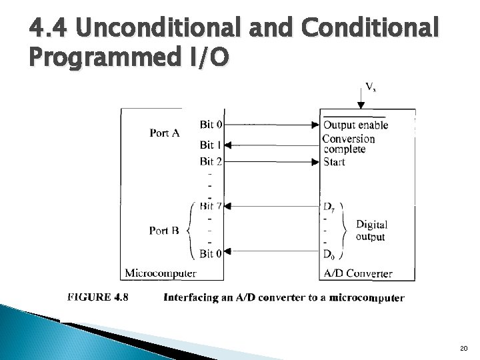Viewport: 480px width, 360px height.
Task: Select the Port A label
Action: click(164, 133)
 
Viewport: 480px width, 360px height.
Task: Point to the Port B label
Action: click(164, 231)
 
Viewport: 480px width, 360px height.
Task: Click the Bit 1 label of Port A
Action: click(211, 145)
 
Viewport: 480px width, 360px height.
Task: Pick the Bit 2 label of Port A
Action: click(211, 161)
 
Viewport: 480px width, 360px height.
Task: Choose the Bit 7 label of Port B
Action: click(211, 205)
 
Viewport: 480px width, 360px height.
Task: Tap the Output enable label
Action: click(355, 125)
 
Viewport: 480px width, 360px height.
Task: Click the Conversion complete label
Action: click(348, 144)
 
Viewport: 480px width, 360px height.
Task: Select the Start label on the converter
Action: click(334, 161)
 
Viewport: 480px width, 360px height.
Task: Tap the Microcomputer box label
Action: click(160, 273)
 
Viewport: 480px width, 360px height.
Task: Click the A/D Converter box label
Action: click(357, 273)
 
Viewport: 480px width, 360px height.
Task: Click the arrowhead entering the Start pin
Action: click(315, 161)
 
